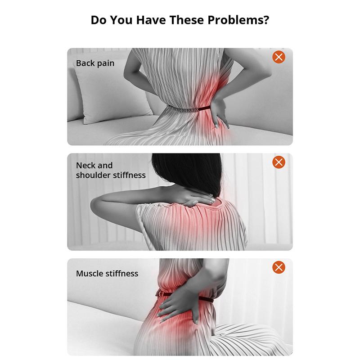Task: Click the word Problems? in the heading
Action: (x=238, y=20)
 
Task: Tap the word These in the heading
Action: (x=187, y=20)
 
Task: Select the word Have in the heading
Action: (x=151, y=20)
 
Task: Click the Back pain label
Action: (x=95, y=63)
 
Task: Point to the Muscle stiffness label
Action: (x=107, y=274)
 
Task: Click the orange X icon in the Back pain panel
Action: (x=279, y=57)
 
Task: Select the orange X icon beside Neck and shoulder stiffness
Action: (x=279, y=162)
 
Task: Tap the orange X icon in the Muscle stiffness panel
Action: (x=279, y=267)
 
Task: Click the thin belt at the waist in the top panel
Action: (x=189, y=109)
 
